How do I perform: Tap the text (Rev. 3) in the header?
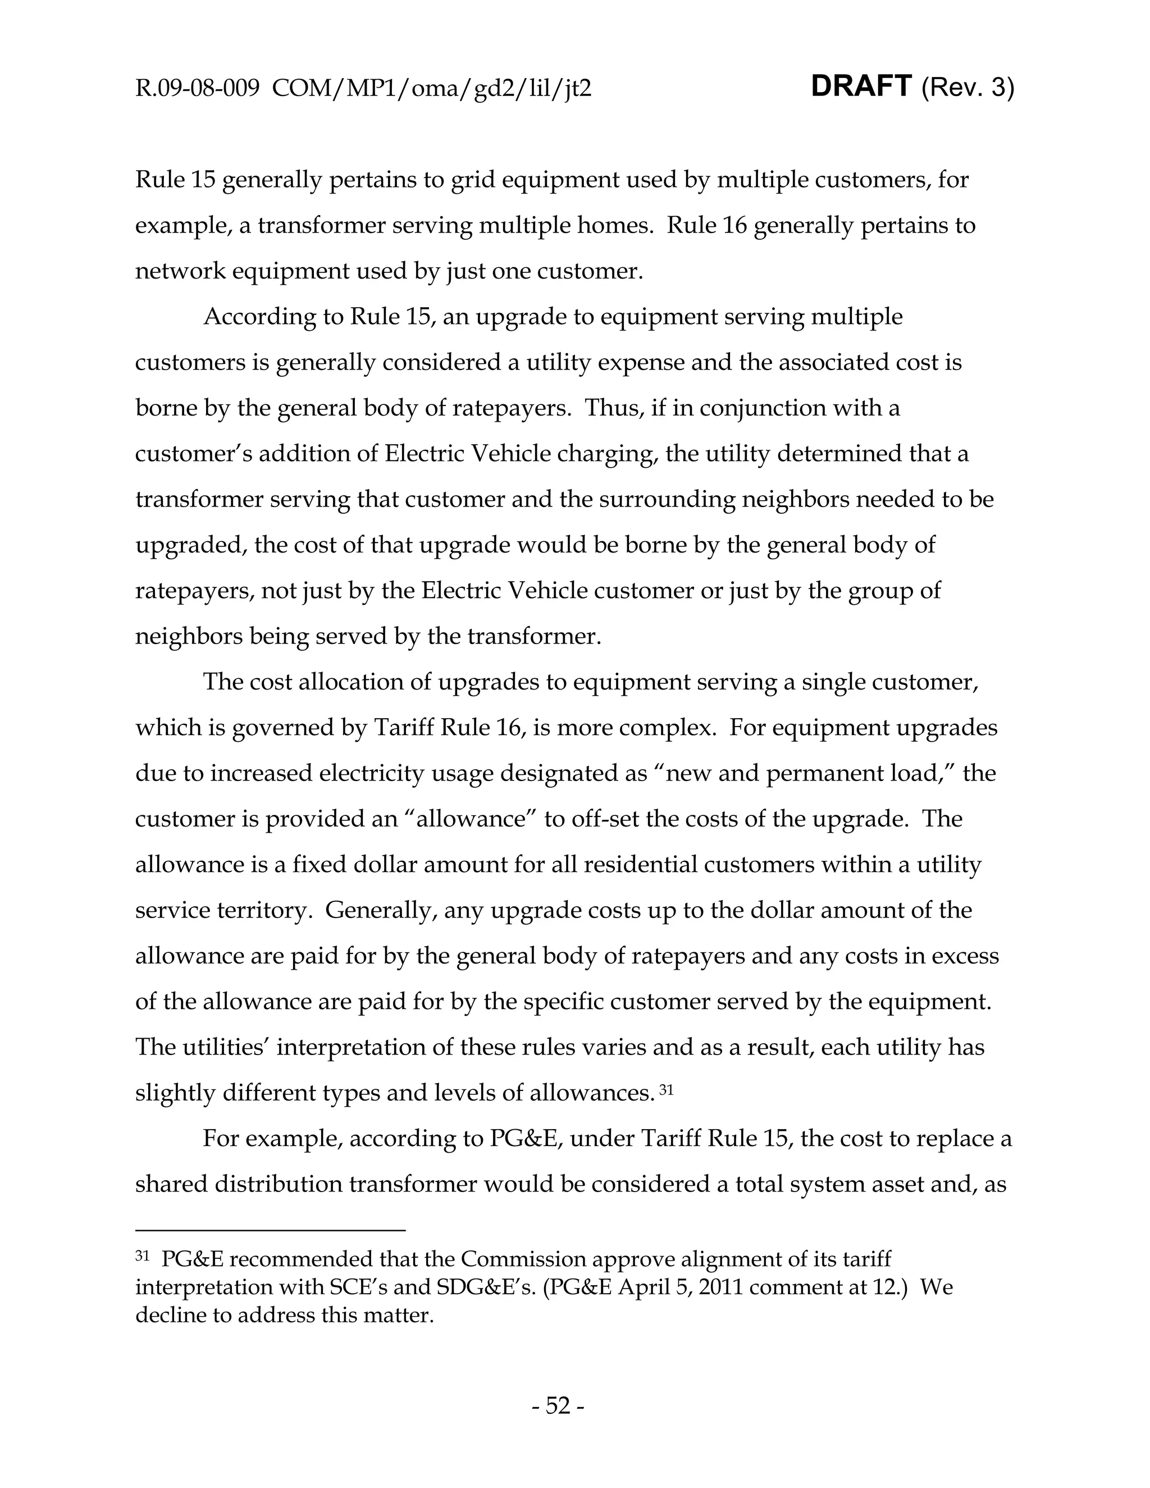click(x=968, y=89)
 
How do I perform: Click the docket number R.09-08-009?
click(x=198, y=89)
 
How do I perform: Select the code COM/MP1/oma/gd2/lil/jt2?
click(x=431, y=89)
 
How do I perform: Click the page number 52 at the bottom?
click(x=557, y=1405)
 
